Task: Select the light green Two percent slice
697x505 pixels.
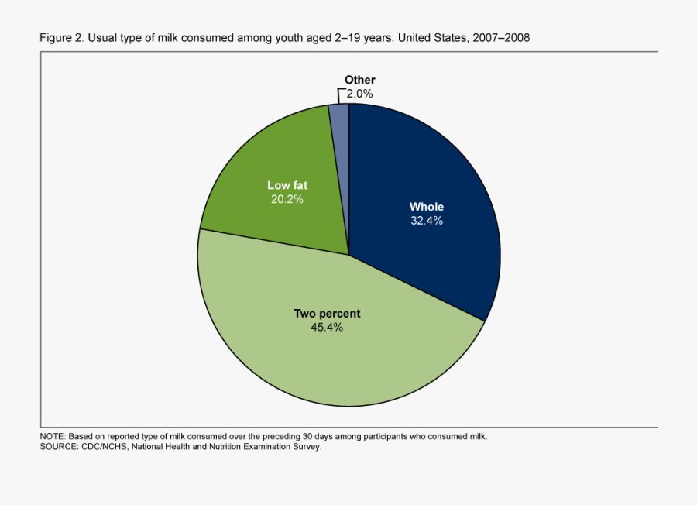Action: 341,356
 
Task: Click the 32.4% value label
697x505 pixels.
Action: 427,221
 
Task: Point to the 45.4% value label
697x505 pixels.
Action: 327,327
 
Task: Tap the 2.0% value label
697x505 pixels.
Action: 360,93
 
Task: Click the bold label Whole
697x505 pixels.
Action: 427,207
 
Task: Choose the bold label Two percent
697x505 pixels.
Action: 327,314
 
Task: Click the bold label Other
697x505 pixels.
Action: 360,80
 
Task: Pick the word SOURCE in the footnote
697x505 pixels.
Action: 59,447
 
